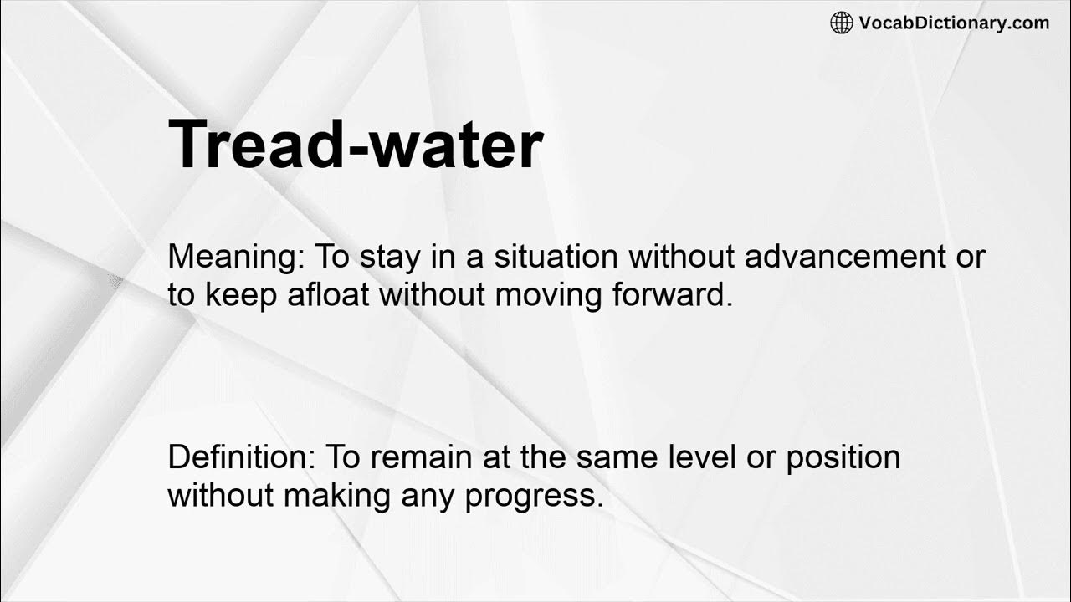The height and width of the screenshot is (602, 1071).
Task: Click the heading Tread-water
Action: [356, 145]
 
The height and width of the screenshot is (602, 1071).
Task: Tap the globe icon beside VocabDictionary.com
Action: [841, 23]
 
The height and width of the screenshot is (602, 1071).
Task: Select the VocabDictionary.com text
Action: [954, 23]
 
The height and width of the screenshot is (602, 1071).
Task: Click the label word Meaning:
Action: [236, 257]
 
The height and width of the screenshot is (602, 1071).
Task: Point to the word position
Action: [843, 457]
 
